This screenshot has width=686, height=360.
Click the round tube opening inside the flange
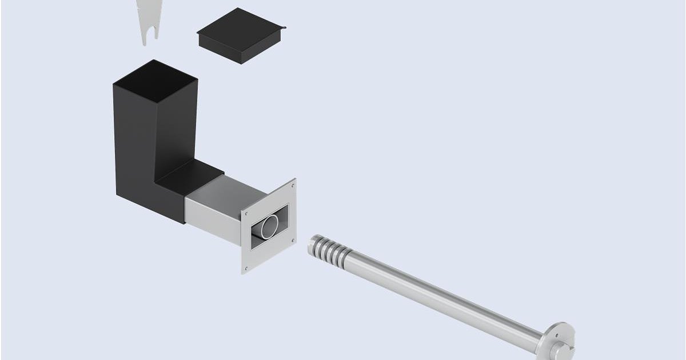tap(270, 226)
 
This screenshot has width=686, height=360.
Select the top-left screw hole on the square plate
tap(246, 211)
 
